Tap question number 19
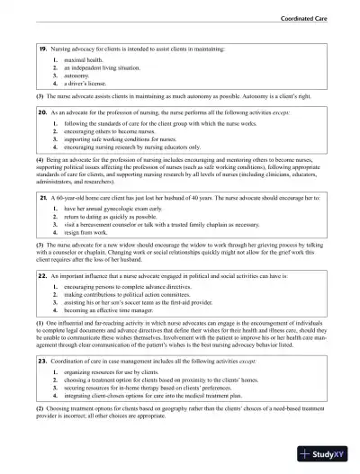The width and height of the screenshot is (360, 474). pyautogui.click(x=41, y=47)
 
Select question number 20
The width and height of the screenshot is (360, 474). pyautogui.click(x=41, y=113)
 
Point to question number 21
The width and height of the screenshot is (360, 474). pyautogui.click(x=41, y=196)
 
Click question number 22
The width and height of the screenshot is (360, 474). pyautogui.click(x=41, y=279)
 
